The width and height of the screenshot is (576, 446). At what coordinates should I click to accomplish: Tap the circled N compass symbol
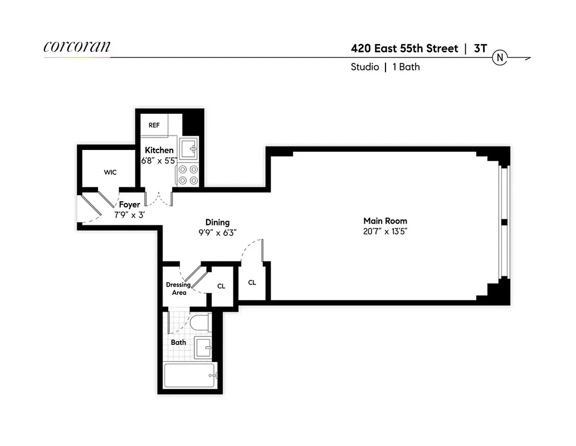coord(500,57)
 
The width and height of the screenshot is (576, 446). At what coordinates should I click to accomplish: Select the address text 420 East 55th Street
coord(404,49)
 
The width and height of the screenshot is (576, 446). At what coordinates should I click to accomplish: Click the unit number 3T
coord(480,49)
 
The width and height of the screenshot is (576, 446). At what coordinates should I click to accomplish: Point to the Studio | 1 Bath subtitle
coord(385,67)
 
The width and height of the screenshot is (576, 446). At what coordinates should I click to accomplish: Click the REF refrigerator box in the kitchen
coord(154,125)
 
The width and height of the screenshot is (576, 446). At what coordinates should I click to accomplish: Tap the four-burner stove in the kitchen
coord(188,174)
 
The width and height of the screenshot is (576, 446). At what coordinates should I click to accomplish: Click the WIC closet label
coord(110,172)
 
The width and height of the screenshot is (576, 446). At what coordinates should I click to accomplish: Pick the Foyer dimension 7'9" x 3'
coord(130,215)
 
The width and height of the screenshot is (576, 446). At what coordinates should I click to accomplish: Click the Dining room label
coord(217,222)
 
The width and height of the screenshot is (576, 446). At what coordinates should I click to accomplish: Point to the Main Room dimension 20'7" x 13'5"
coord(385,231)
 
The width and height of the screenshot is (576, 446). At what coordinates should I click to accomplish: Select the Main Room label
coord(385,221)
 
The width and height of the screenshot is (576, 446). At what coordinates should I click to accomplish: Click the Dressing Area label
coord(178,289)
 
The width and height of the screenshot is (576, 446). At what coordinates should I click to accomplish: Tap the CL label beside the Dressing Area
coord(221,286)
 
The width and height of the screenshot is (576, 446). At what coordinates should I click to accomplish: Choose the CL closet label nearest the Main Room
coord(252,283)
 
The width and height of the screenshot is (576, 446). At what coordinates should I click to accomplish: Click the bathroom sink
coord(203,348)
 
